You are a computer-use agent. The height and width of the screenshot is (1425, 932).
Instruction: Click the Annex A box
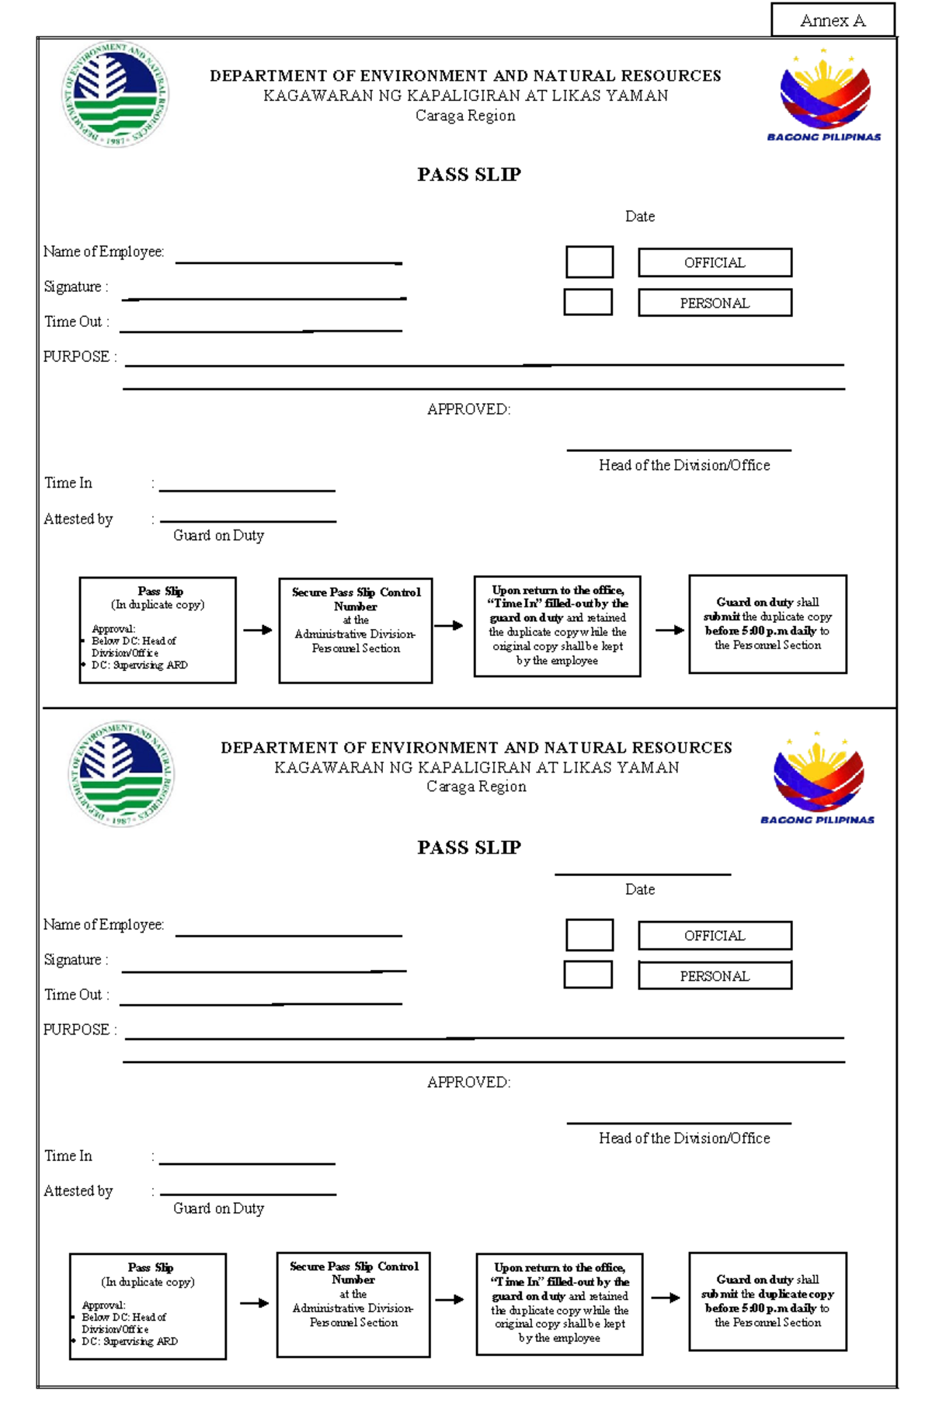point(833,20)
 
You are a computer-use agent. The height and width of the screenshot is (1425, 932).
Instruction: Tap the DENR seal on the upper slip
point(115,94)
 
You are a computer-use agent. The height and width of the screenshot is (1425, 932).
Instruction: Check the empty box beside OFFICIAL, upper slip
point(589,262)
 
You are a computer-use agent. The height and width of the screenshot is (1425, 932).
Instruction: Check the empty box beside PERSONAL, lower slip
point(588,975)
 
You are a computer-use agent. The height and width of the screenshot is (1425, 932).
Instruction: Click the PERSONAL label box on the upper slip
point(715,303)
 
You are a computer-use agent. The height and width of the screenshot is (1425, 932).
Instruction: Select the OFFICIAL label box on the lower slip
point(715,936)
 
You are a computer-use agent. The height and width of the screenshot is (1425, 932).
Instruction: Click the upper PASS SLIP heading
point(468,175)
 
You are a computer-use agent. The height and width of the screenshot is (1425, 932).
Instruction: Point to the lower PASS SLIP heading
point(468,847)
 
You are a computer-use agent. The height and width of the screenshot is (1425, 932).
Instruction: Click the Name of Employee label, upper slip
point(103,252)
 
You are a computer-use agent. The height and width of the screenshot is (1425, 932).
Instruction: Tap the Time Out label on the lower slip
point(76,995)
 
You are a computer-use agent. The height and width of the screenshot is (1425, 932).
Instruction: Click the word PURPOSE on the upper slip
point(76,356)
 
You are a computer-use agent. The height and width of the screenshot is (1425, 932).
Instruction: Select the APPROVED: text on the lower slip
point(468,1082)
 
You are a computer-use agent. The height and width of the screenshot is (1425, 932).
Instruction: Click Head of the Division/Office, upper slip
point(684,465)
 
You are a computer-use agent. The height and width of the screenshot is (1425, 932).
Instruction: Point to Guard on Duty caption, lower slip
point(218,1208)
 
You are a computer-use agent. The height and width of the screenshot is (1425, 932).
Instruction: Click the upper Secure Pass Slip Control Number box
point(356,630)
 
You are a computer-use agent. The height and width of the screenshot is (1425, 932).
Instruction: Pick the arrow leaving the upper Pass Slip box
point(257,630)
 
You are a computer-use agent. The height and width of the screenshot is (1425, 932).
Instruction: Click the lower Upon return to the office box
point(559,1304)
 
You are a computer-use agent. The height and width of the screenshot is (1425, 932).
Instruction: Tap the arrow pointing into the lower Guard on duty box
point(666,1298)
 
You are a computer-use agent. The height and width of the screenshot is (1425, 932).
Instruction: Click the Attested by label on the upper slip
point(78,519)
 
